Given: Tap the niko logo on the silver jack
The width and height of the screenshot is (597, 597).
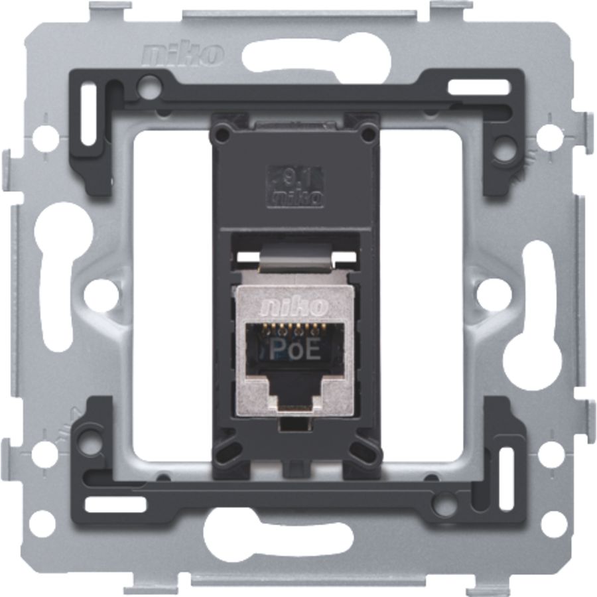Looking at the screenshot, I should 296,306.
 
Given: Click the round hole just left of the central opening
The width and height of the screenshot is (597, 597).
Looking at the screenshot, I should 101,293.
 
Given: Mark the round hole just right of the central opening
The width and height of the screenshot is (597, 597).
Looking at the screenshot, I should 495,293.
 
